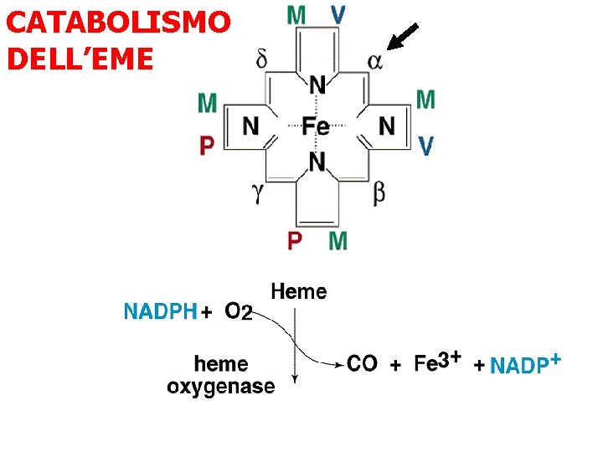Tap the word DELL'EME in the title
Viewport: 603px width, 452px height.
point(80,59)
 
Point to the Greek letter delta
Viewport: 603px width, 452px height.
point(262,59)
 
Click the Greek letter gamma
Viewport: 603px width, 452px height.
point(260,193)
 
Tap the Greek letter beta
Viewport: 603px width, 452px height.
point(379,193)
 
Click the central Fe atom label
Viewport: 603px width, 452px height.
point(316,126)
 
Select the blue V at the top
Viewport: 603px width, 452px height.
point(338,14)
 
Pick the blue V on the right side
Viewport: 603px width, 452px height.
point(425,146)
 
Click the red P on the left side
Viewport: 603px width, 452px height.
point(207,146)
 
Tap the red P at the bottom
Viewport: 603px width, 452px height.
point(295,241)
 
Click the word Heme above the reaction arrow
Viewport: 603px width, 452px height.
point(299,291)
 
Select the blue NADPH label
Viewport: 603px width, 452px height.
point(160,312)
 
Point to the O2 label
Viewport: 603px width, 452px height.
point(238,312)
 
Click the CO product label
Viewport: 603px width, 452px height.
point(362,363)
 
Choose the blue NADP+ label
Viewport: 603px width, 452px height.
point(524,364)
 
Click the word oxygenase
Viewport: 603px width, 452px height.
point(221,386)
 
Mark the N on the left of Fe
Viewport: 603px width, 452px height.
point(250,126)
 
